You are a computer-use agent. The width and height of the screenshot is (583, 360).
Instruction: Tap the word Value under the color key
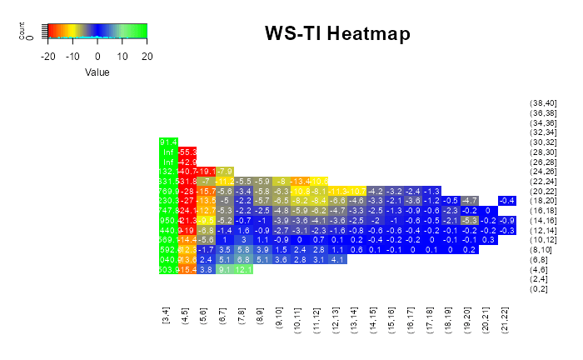tap(97, 72)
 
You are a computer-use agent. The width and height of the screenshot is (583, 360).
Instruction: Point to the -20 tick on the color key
tap(47, 56)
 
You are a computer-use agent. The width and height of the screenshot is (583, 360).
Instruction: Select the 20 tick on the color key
tap(147, 56)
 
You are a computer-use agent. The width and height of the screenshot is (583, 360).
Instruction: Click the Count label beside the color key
tap(22, 32)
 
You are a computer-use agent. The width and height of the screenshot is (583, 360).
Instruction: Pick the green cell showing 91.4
tap(168, 142)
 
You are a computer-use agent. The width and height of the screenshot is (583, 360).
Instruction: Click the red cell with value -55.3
tap(187, 152)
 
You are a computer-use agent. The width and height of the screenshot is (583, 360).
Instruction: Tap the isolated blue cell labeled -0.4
tap(507, 201)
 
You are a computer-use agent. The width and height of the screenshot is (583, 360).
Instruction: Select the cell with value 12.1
tap(244, 269)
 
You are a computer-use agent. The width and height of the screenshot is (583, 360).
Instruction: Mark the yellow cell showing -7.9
tap(225, 172)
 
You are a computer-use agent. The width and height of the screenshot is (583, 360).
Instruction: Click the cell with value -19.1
tap(206, 172)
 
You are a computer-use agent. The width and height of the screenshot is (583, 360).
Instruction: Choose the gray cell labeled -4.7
tap(470, 201)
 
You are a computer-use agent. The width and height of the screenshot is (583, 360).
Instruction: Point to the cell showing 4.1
tap(337, 259)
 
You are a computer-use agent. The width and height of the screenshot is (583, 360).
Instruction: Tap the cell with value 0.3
tap(489, 240)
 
